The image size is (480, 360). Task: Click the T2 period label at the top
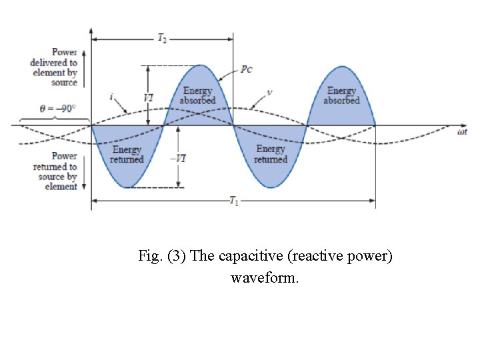(162, 39)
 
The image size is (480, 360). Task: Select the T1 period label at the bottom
(233, 202)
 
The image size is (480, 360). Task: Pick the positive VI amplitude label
(150, 96)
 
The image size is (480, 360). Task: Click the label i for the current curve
(110, 97)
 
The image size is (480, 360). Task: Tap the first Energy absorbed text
(198, 95)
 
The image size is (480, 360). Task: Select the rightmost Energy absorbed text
(342, 95)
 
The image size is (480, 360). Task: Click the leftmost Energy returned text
(127, 155)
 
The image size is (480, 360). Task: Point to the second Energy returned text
(271, 155)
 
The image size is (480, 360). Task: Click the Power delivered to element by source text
(55, 67)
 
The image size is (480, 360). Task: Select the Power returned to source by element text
(55, 171)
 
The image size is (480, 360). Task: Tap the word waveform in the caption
(265, 277)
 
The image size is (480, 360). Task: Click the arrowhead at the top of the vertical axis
(91, 31)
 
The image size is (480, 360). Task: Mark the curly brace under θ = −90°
(55, 119)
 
